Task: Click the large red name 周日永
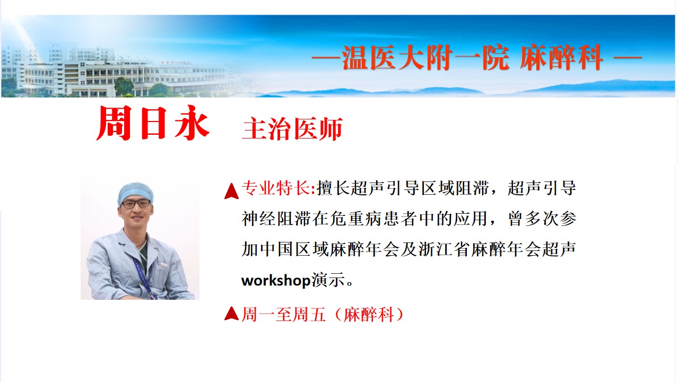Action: click(x=153, y=123)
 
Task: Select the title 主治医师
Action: click(x=292, y=129)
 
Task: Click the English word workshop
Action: click(x=276, y=281)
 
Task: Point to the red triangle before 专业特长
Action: click(x=231, y=191)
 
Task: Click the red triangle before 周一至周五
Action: click(x=231, y=314)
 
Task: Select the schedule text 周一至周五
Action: click(x=284, y=315)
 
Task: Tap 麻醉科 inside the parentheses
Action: click(x=369, y=315)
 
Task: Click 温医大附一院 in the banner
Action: click(x=425, y=58)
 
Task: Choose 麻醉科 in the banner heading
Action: click(x=561, y=58)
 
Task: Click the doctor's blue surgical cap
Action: click(x=135, y=192)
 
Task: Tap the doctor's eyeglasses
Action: click(x=136, y=204)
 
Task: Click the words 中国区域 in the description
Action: click(x=294, y=249)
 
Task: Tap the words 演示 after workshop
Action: click(x=328, y=281)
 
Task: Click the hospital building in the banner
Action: click(x=121, y=76)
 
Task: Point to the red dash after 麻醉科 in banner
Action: click(x=628, y=57)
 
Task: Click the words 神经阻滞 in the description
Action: click(x=276, y=219)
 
